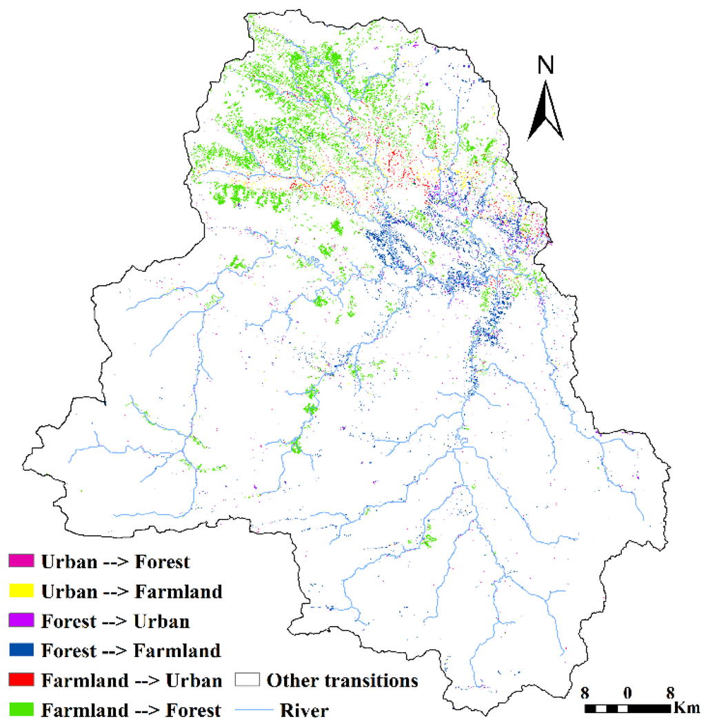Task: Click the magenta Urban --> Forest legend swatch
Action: (21, 561)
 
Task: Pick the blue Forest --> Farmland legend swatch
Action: (21, 650)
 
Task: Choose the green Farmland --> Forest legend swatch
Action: (21, 710)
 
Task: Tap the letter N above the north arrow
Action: (545, 66)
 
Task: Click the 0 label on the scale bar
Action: (627, 692)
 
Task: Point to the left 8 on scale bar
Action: (585, 692)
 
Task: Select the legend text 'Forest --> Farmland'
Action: (131, 650)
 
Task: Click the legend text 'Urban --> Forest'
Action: (115, 561)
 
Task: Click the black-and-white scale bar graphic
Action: (627, 708)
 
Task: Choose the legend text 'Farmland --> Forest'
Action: (131, 710)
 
